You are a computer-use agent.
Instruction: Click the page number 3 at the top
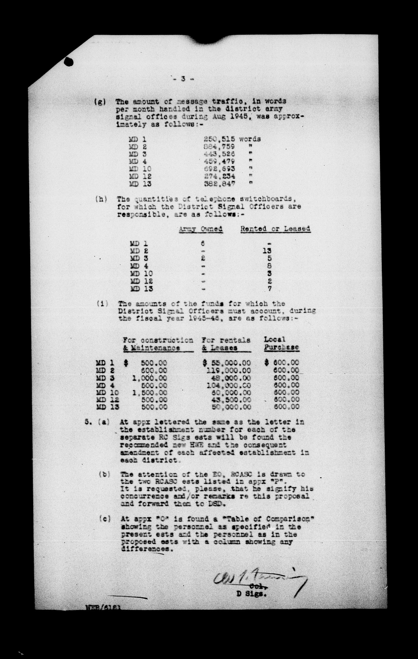pos(182,79)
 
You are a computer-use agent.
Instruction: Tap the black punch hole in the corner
pos(69,63)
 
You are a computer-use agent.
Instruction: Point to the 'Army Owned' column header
pos(201,229)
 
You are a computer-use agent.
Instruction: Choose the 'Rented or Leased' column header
pos(275,229)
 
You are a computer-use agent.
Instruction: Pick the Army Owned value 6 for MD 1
pos(203,243)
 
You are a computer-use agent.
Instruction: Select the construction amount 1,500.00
pos(150,393)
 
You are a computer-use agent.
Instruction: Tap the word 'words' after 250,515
pos(250,139)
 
